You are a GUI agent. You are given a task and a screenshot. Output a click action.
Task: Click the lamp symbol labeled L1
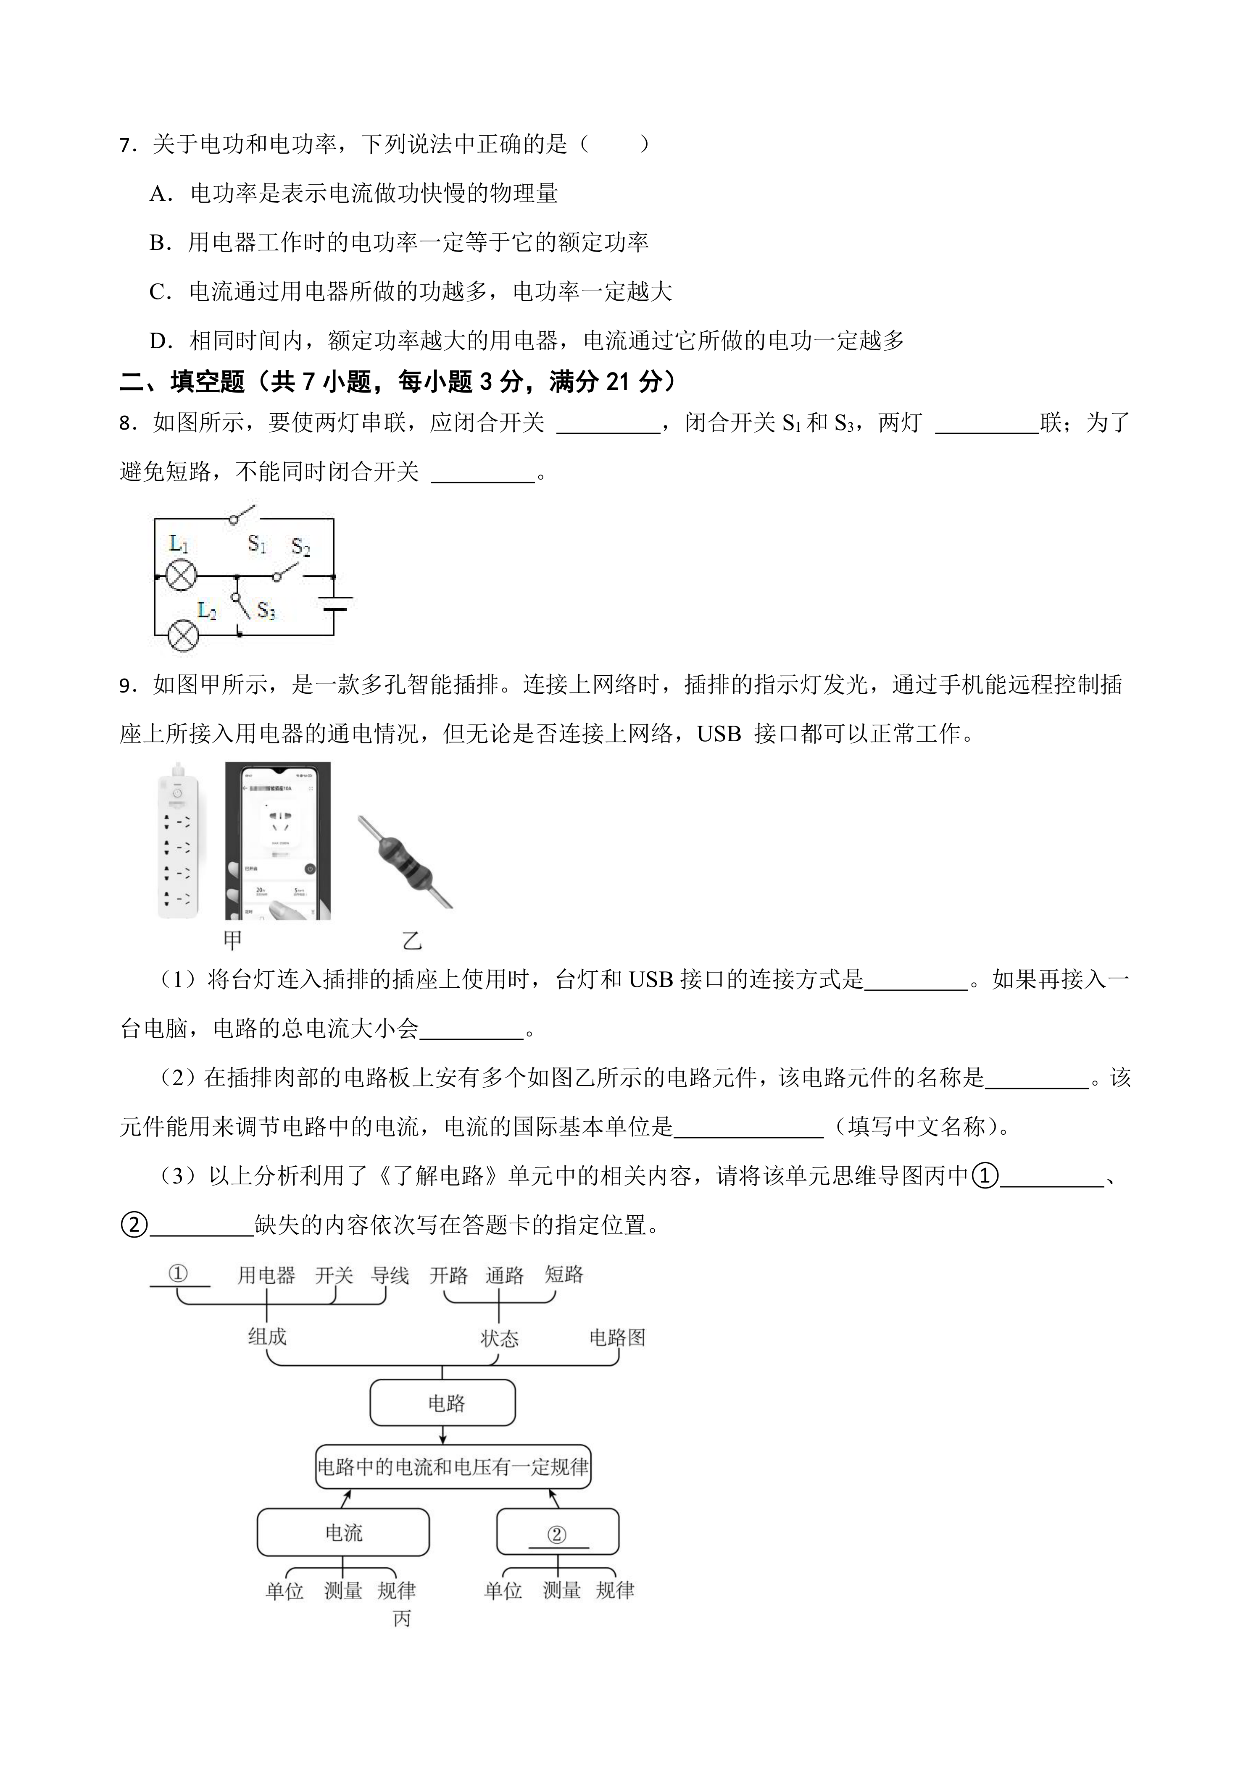182,575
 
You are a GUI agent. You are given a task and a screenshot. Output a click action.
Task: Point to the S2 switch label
300,548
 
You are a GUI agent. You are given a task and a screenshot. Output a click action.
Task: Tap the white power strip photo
178,842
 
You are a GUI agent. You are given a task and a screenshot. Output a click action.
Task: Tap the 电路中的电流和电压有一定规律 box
453,1467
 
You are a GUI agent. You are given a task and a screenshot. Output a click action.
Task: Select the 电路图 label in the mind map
617,1338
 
